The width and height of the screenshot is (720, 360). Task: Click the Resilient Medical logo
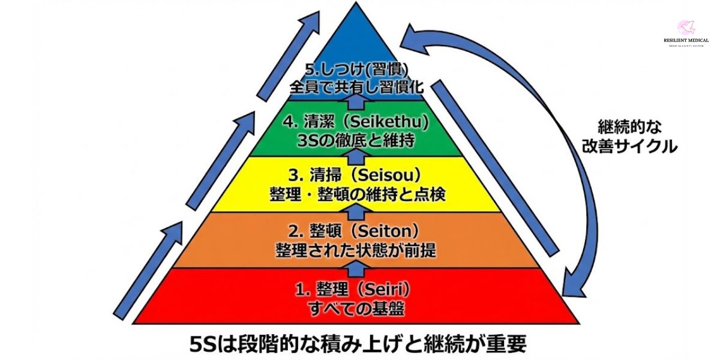coord(685,34)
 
